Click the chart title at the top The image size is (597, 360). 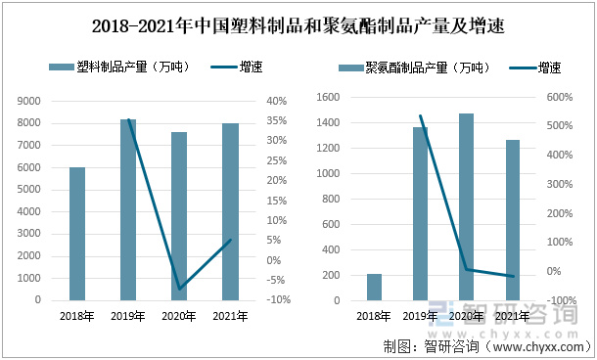(298, 23)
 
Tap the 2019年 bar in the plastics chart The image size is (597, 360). (128, 209)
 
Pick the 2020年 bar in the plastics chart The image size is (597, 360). (179, 215)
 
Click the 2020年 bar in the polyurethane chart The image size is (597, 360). (466, 206)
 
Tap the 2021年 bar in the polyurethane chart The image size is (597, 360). (512, 219)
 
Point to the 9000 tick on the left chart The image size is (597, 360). (29, 101)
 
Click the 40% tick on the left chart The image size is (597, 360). (275, 101)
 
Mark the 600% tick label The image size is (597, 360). (560, 97)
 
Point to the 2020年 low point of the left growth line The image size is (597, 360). (179, 290)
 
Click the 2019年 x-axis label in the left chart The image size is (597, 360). (128, 316)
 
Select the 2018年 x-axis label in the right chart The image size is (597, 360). (374, 316)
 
